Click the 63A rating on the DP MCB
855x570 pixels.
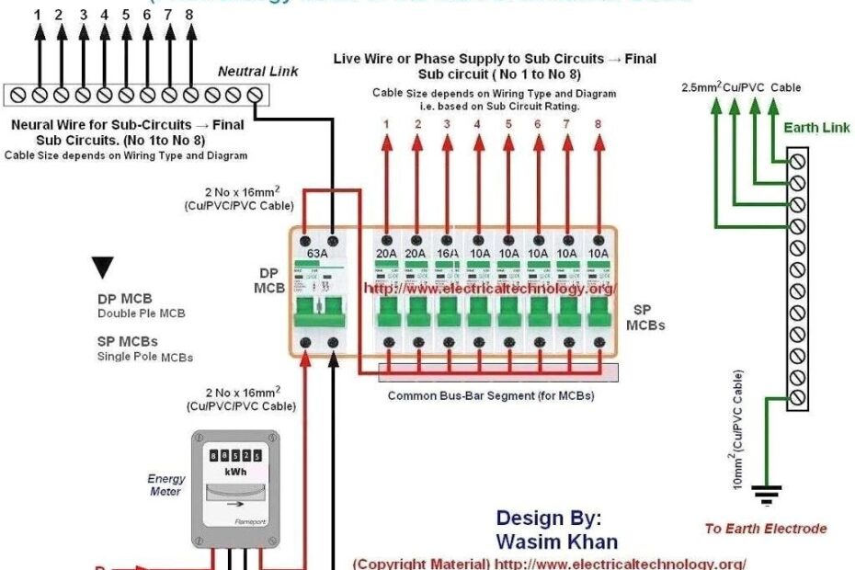(x=318, y=252)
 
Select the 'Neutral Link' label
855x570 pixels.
(x=245, y=71)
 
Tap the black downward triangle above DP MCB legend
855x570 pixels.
(x=104, y=268)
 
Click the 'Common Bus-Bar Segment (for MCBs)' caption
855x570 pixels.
(x=490, y=396)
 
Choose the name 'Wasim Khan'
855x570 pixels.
(x=557, y=541)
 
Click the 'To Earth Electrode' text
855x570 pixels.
(x=765, y=529)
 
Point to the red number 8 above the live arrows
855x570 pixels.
(x=598, y=124)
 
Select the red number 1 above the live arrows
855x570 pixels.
(x=387, y=124)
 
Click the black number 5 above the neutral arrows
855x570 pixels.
(x=125, y=15)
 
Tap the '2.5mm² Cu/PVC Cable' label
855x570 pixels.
(x=740, y=88)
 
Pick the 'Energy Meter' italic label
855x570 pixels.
(x=166, y=484)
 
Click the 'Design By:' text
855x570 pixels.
(x=549, y=518)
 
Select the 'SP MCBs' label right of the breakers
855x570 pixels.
(x=645, y=318)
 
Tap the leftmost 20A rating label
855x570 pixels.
(x=387, y=252)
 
